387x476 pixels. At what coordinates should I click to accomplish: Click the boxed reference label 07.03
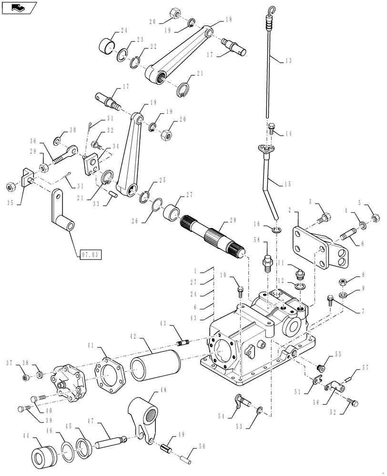click(x=89, y=255)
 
